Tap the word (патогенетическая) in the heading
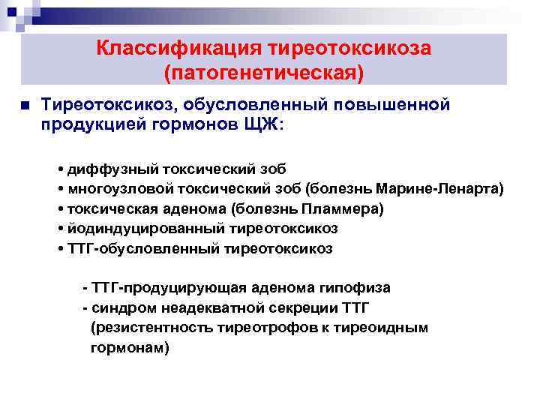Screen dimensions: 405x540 click(x=263, y=73)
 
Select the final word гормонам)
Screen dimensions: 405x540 click(x=130, y=348)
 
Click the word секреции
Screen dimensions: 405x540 click(x=283, y=308)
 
